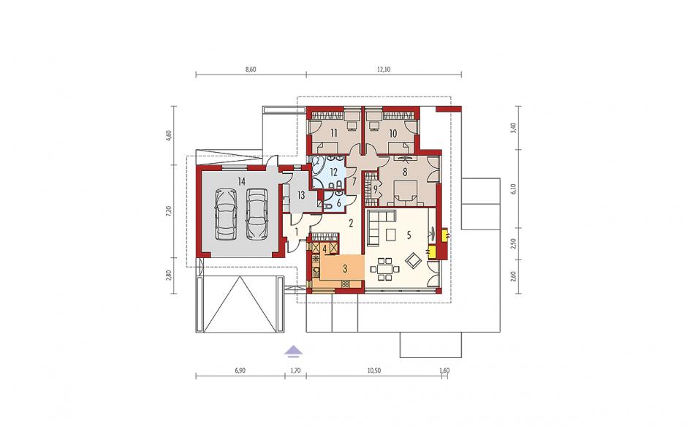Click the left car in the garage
point(225,214)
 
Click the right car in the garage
point(257,214)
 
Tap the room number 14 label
point(241,179)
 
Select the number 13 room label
point(301,195)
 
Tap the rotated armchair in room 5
point(414,262)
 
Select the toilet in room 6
point(328,205)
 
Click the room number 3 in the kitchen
point(345,267)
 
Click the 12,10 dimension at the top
point(383,69)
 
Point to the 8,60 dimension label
point(250,69)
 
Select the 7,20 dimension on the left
point(169,211)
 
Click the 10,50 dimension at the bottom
point(373,371)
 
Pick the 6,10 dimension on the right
point(514,189)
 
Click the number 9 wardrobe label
point(376,190)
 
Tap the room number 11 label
point(334,133)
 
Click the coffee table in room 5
point(391,235)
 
